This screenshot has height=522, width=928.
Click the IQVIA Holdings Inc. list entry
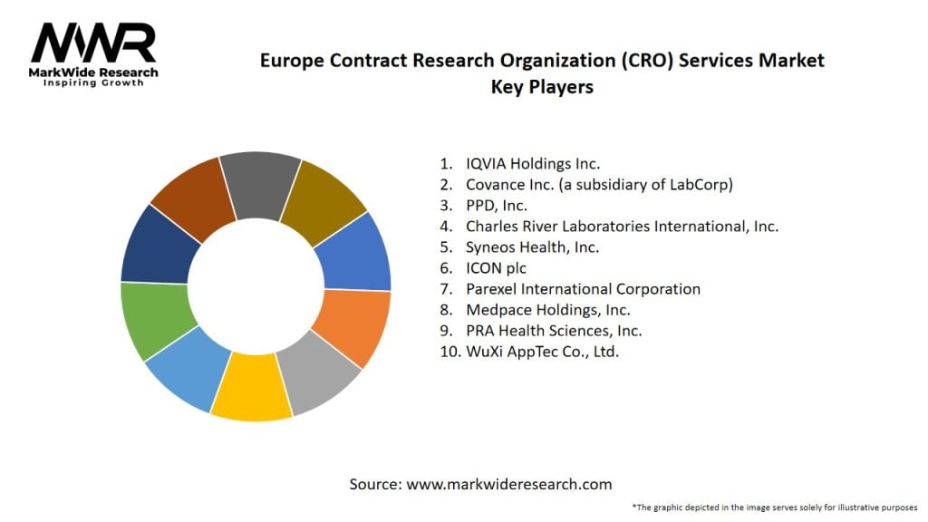(533, 164)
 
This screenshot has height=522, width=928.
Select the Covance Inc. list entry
(599, 185)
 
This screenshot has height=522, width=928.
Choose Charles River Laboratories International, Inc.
(622, 227)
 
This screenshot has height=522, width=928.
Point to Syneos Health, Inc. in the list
(532, 247)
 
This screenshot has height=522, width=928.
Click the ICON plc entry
(496, 268)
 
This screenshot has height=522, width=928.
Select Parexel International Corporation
(583, 289)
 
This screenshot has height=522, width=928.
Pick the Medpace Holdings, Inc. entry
(548, 310)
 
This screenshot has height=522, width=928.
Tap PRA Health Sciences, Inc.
(554, 331)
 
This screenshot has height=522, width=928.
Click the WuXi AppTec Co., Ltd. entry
(542, 352)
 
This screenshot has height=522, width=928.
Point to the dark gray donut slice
(261, 186)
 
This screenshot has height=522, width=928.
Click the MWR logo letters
(93, 43)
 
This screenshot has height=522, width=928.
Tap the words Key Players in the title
(542, 87)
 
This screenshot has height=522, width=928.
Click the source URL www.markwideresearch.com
(509, 484)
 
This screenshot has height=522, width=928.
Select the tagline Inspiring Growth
(93, 83)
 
